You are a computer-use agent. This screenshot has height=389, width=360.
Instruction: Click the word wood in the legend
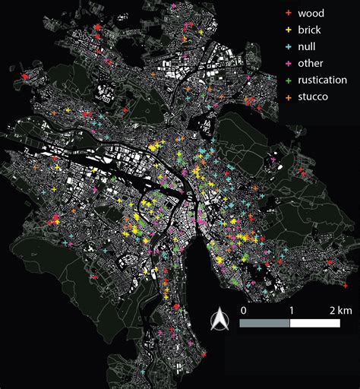tap(312, 13)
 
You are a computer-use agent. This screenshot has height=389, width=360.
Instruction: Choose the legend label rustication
tap(323, 80)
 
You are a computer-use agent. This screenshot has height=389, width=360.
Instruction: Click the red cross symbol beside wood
tap(286, 14)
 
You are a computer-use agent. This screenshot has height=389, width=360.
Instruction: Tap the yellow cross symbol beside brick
tap(286, 30)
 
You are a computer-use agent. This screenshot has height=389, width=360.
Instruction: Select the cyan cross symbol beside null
tap(286, 47)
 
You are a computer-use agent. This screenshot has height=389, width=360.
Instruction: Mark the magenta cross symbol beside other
tap(286, 64)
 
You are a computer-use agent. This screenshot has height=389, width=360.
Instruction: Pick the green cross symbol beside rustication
tap(286, 81)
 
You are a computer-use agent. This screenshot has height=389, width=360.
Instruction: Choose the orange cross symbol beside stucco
tap(286, 97)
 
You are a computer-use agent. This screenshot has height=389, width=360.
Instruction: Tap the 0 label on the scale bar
tap(242, 311)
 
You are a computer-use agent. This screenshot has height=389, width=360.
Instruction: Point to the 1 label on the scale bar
tap(290, 311)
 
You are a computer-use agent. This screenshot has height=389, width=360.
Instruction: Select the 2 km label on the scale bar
tap(338, 311)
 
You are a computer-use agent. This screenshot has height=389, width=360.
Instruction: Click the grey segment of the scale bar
tap(265, 323)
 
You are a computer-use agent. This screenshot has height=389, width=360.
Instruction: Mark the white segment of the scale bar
tap(314, 323)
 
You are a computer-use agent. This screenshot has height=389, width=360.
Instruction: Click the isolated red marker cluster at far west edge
tap(26, 77)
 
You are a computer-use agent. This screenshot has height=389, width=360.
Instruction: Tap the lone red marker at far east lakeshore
tap(331, 263)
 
